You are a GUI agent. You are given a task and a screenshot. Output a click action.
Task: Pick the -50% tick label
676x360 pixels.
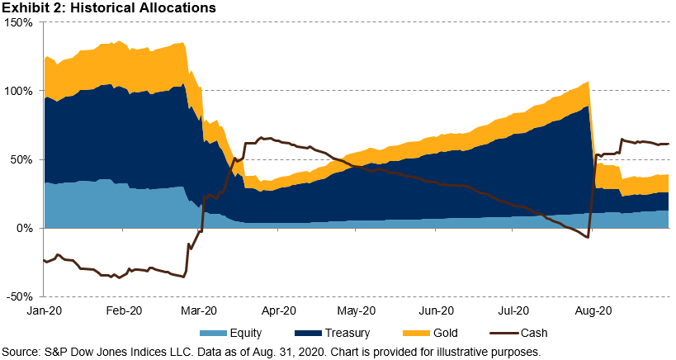coord(20,296)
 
